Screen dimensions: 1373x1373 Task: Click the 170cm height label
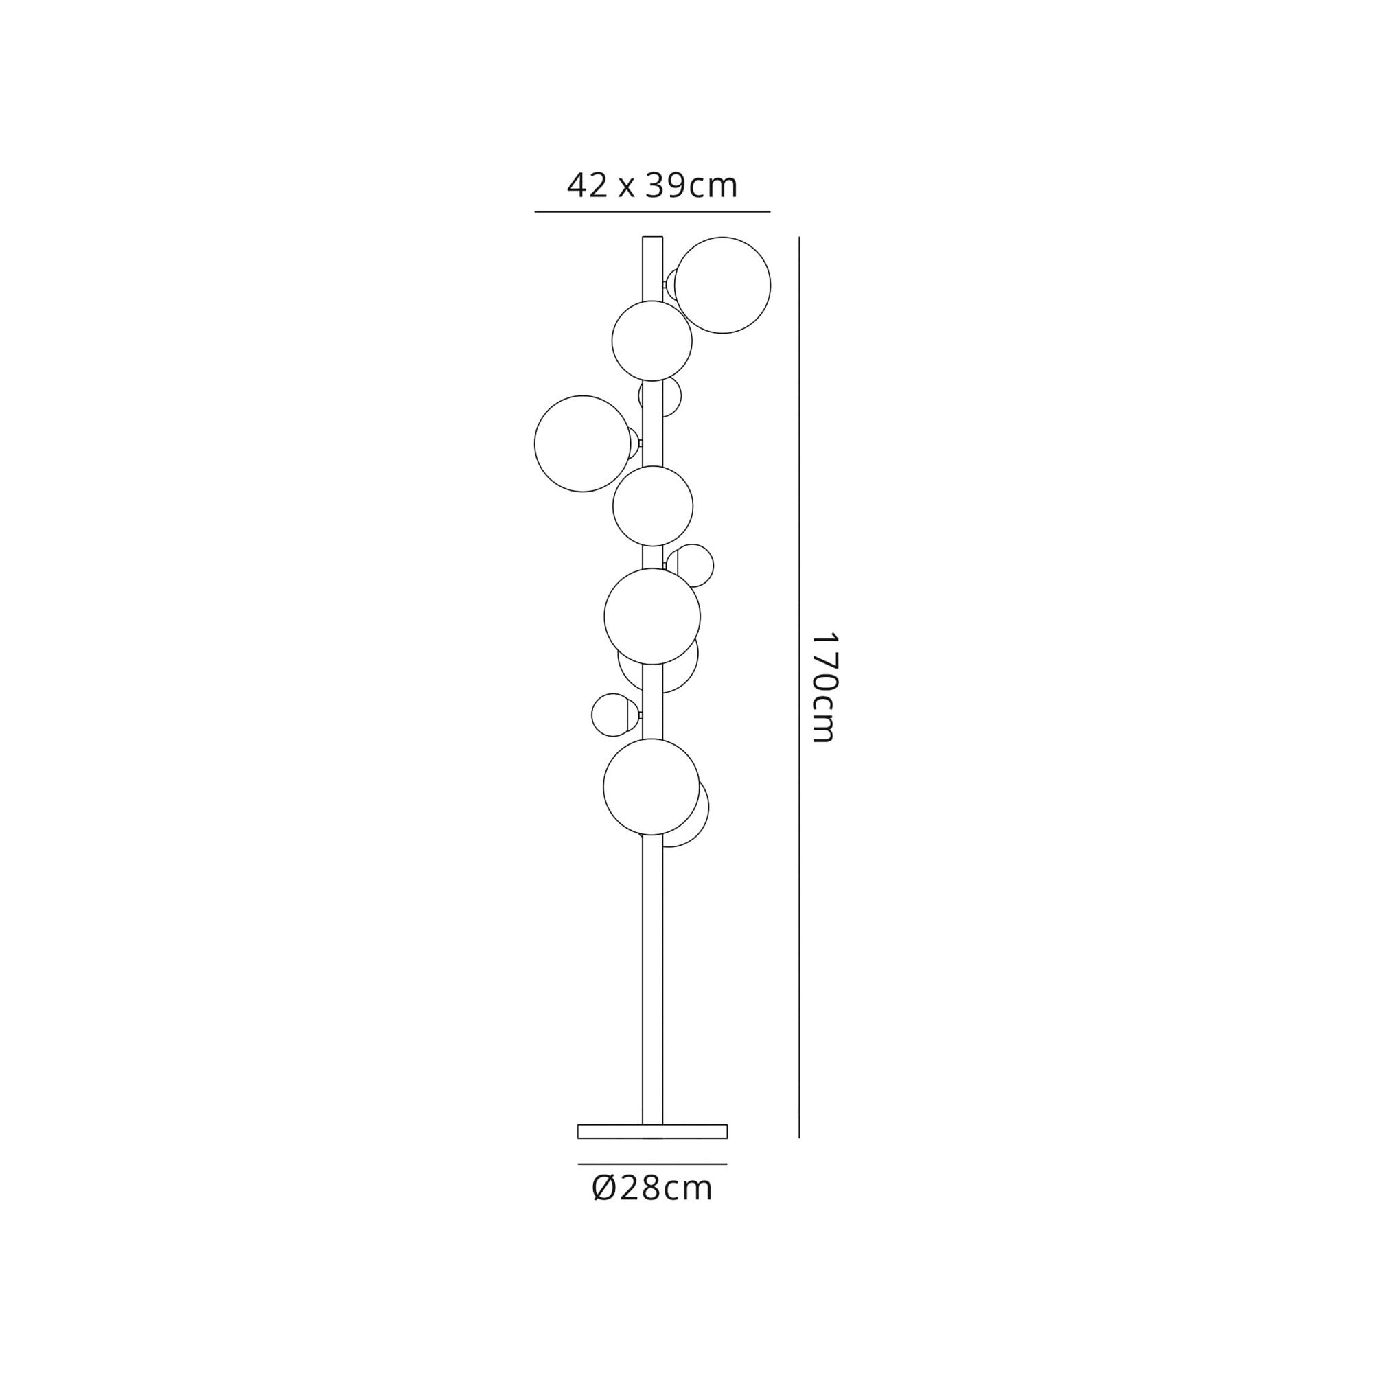click(x=825, y=687)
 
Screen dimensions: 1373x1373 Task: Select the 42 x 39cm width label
click(x=651, y=186)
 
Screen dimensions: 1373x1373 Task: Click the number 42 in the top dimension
click(x=587, y=186)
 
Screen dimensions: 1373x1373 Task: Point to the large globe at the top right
click(x=722, y=285)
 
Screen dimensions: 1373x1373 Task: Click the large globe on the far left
click(x=582, y=443)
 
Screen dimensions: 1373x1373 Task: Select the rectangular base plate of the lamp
click(x=651, y=1131)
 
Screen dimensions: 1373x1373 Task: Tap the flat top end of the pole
click(x=651, y=238)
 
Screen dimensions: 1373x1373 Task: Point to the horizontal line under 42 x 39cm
click(x=651, y=211)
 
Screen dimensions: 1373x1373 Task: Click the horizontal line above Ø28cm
click(x=651, y=1164)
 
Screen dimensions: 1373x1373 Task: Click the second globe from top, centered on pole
click(x=651, y=341)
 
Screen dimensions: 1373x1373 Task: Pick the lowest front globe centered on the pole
click(x=651, y=787)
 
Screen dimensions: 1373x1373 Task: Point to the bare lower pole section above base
click(x=651, y=995)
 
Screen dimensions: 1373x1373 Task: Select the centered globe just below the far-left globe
click(x=652, y=506)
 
